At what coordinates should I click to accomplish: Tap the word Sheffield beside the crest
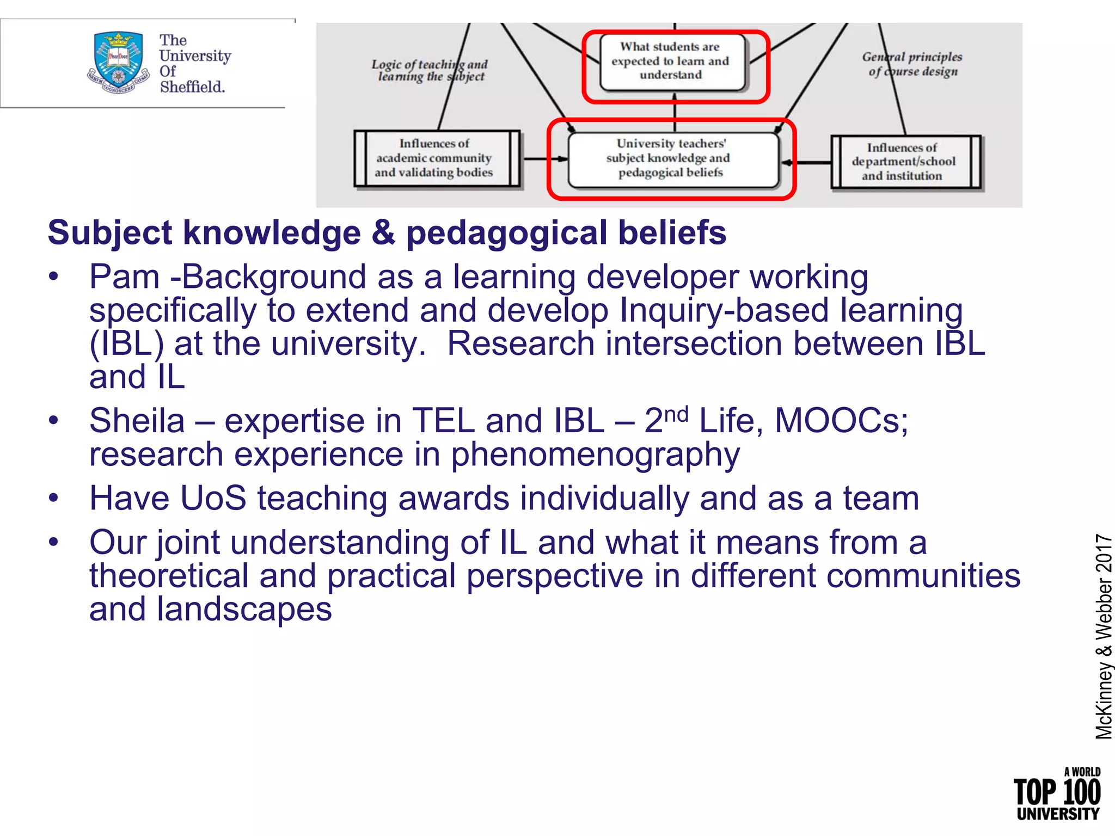coord(192,87)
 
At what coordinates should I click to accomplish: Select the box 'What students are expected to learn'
coord(672,62)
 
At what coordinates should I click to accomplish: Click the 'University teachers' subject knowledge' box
coord(673,159)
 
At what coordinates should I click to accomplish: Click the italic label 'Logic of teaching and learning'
coord(430,71)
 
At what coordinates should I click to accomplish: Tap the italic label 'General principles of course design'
coord(912,64)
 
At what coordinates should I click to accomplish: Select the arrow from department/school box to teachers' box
coord(807,162)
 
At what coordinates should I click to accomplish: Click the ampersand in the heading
coord(383,233)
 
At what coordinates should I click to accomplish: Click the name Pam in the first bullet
coord(125,277)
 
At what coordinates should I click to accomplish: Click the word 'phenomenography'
coord(595,455)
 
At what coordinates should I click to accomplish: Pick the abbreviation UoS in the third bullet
coord(213,498)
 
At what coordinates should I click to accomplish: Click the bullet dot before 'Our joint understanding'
coord(53,542)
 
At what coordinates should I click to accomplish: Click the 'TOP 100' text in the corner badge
coord(1057,792)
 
